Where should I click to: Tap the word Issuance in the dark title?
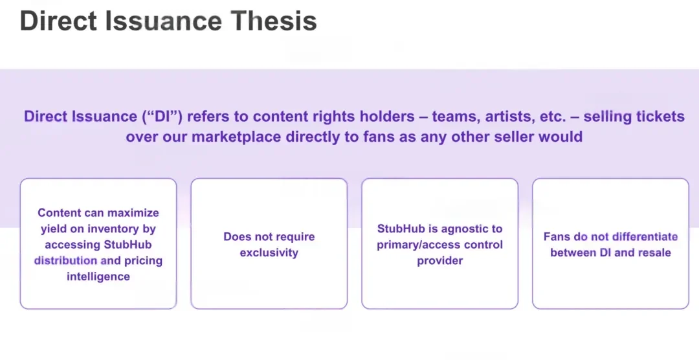(163, 21)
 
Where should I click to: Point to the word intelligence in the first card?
(98, 276)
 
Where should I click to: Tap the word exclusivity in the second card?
(269, 253)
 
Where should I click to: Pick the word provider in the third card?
(439, 260)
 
